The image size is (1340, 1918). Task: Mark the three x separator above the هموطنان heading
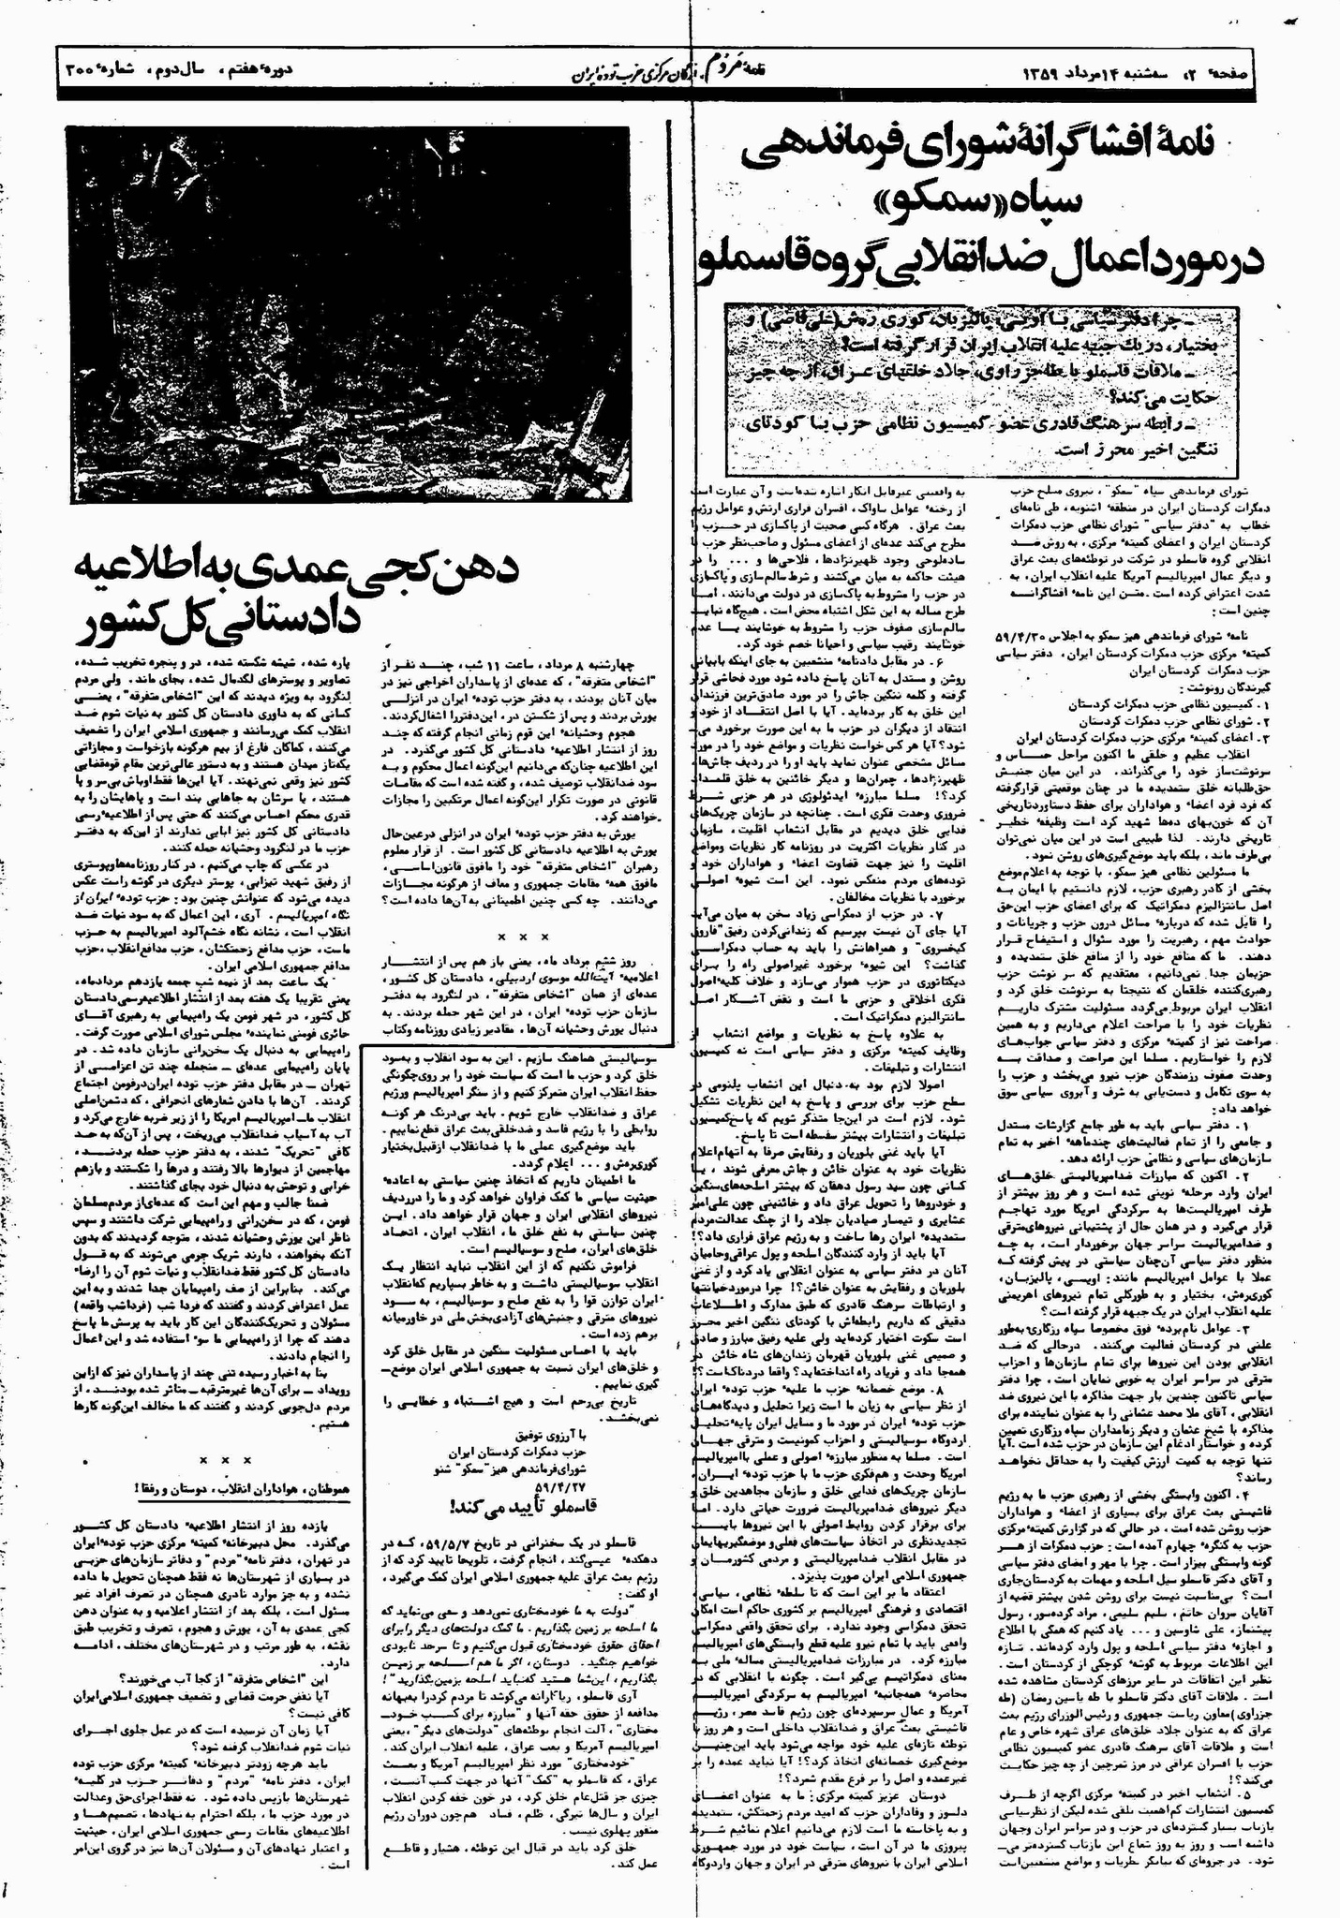click(225, 1485)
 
